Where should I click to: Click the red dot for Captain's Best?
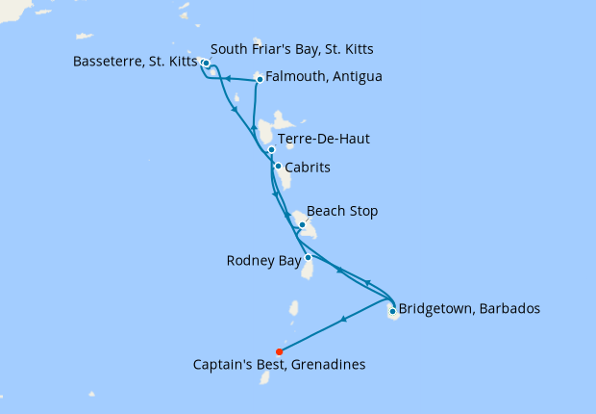[279, 351]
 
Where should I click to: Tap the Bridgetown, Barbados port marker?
[392, 310]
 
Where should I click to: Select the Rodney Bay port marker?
[307, 257]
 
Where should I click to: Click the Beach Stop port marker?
[303, 225]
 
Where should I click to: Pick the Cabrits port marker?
[278, 167]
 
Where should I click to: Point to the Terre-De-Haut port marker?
[271, 149]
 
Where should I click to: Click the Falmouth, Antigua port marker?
[260, 79]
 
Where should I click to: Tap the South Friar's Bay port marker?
[207, 64]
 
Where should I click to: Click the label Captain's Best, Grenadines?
[279, 365]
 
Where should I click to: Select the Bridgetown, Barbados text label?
[469, 309]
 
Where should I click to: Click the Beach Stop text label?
[342, 211]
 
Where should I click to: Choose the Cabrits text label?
[309, 168]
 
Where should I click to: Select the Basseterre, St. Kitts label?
[134, 64]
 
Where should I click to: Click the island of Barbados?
[393, 314]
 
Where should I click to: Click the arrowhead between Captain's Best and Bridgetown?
[342, 320]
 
